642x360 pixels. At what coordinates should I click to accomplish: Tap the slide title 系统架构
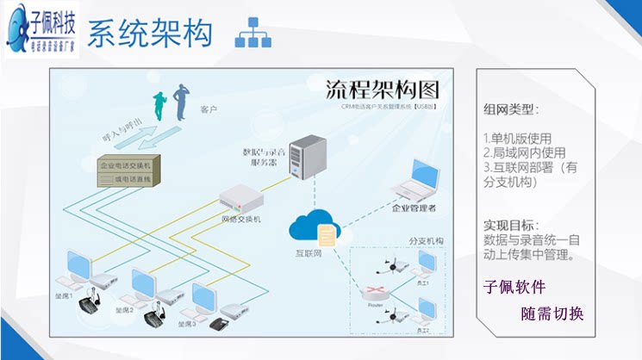pyautogui.click(x=149, y=34)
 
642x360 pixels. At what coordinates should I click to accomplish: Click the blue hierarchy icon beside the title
pyautogui.click(x=253, y=32)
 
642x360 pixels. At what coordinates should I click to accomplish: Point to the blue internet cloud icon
pyautogui.click(x=311, y=227)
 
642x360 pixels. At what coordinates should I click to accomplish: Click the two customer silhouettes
pyautogui.click(x=171, y=103)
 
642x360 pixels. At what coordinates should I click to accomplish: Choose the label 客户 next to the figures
pyautogui.click(x=208, y=110)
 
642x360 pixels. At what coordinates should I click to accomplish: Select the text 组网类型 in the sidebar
pyautogui.click(x=511, y=109)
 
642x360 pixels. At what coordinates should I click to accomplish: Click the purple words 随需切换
pyautogui.click(x=552, y=313)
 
